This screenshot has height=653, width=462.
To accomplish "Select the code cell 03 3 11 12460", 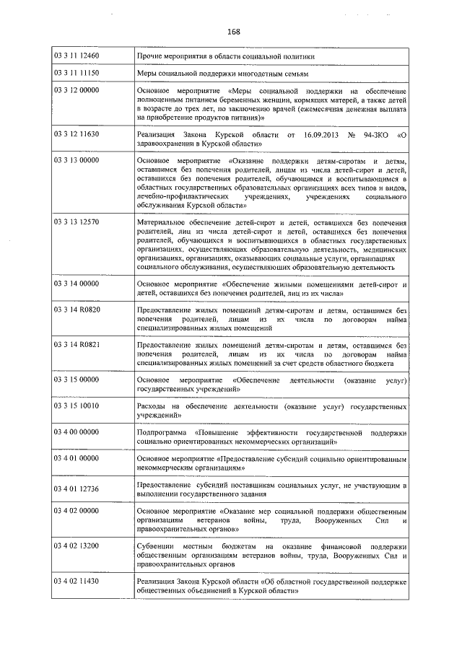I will click(x=77, y=56).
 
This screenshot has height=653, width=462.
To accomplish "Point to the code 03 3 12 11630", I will click(x=77, y=134).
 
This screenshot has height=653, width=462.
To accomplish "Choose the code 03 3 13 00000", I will click(x=77, y=160).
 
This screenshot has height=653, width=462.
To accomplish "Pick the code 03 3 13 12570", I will click(x=77, y=224).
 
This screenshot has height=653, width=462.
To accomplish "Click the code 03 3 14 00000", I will click(x=77, y=284).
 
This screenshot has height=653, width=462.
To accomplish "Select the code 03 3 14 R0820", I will click(x=77, y=310).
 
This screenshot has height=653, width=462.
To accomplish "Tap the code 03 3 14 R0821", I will click(x=77, y=345).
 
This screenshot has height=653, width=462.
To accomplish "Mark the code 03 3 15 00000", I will click(x=77, y=380).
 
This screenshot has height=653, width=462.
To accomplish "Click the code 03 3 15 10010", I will click(x=77, y=406).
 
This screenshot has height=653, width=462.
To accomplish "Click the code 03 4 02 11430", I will click(x=77, y=580).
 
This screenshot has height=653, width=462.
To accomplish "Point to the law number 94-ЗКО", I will click(x=373, y=134).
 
